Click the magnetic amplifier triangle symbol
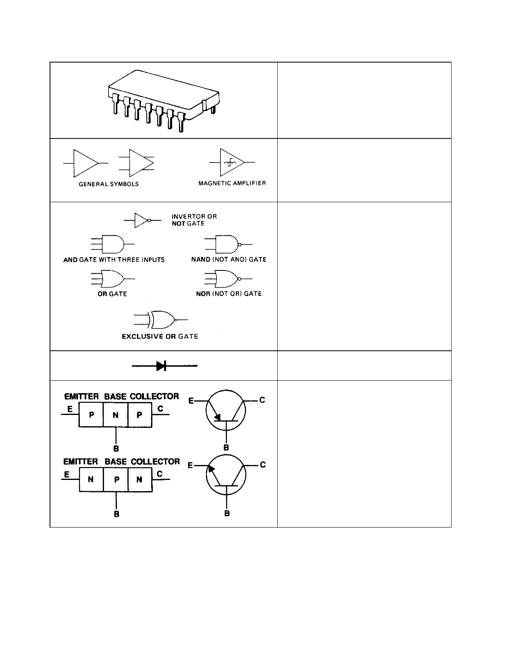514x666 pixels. click(x=232, y=162)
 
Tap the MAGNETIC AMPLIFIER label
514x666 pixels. click(x=232, y=183)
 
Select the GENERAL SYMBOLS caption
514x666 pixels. click(x=109, y=184)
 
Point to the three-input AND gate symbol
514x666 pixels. click(x=112, y=244)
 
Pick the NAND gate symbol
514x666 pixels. click(x=228, y=244)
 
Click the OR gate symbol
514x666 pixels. click(x=112, y=279)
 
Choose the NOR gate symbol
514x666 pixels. click(x=228, y=279)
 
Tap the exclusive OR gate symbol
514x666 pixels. click(x=161, y=320)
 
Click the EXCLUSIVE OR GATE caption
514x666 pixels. click(x=160, y=337)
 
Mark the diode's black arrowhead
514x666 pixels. click(x=161, y=366)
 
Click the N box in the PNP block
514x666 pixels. click(x=115, y=415)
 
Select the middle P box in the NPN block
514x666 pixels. click(x=116, y=480)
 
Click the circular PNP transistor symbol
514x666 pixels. click(x=226, y=410)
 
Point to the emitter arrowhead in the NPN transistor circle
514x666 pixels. click(x=211, y=469)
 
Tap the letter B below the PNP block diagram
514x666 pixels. click(x=116, y=449)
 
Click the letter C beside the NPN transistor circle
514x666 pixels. click(x=263, y=465)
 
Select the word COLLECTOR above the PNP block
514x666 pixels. click(x=154, y=396)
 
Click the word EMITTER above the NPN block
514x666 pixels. click(x=81, y=462)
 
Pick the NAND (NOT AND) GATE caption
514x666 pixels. click(x=229, y=260)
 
